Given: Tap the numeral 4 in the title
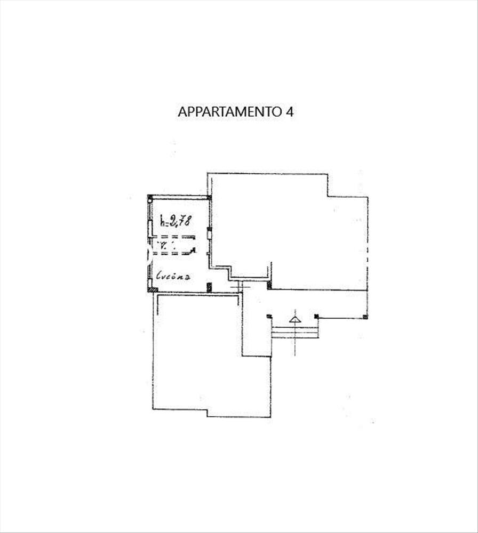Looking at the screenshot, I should [290, 112].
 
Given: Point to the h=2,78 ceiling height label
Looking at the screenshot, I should [176, 220].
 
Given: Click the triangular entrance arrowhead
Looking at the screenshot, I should [295, 319].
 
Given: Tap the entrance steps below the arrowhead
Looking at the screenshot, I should [295, 333].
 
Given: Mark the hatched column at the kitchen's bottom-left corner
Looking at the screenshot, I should [153, 289].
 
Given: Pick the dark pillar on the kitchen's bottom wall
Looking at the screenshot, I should [209, 288].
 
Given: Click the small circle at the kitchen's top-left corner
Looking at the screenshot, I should [150, 199].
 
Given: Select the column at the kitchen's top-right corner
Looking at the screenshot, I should [209, 198].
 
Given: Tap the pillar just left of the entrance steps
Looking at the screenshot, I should [269, 317].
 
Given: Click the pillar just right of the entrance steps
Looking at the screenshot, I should [316, 317].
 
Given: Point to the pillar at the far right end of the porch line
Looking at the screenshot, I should [365, 317].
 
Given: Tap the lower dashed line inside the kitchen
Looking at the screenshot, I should [173, 253].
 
